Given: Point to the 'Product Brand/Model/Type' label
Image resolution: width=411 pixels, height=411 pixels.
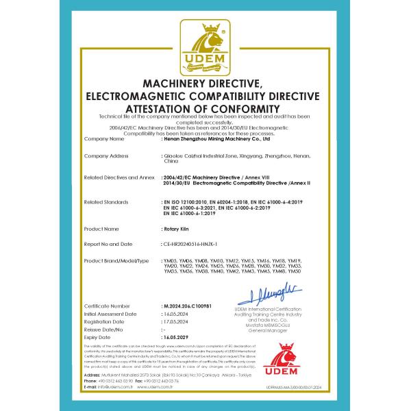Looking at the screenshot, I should (116, 261).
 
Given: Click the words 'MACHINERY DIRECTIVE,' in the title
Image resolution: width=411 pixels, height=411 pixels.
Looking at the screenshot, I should (205, 84).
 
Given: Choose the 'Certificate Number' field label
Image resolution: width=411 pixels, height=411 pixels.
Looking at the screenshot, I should (107, 305).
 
